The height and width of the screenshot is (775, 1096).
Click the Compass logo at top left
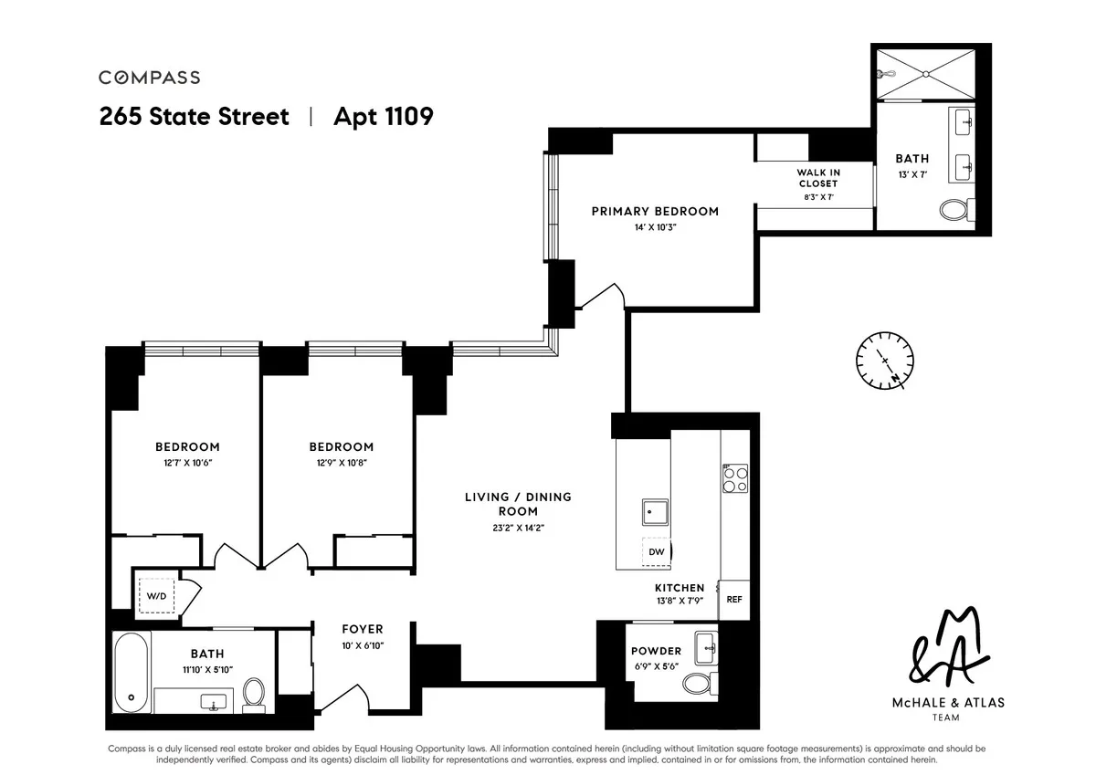coord(149,78)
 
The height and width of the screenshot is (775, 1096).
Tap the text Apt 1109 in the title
coord(383,117)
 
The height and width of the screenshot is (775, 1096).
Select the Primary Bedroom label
coord(655,211)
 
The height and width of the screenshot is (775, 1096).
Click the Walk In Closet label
coord(817,178)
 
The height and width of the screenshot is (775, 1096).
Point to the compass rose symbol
coord(885,362)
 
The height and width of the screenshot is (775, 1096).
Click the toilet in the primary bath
coord(955,210)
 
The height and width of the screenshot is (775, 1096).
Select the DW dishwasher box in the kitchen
coord(657,551)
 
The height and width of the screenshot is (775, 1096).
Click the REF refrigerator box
coord(733,600)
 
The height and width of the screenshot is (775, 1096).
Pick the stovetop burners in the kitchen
coord(735,479)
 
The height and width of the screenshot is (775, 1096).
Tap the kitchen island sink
coord(655,514)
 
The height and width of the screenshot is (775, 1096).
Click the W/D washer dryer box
coord(157,596)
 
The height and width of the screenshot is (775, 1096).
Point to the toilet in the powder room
coord(701,682)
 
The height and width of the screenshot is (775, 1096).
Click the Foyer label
coord(363,629)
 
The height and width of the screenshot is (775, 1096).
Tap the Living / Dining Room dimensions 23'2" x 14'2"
coord(518,528)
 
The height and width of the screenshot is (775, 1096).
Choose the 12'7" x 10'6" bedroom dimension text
coord(187,463)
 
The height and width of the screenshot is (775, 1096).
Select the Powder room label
coord(656,651)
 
